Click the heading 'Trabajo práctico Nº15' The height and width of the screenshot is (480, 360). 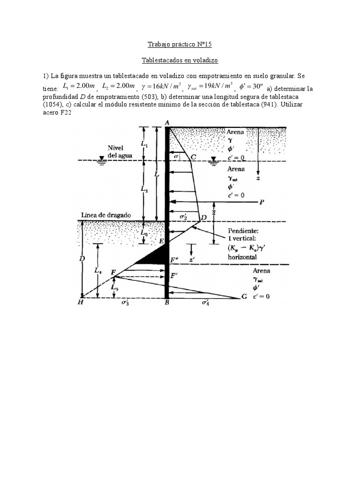180,45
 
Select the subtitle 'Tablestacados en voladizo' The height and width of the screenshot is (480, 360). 180,60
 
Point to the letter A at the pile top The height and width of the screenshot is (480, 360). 167,123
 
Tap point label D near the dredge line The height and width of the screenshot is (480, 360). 203,217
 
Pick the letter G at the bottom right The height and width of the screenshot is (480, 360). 243,297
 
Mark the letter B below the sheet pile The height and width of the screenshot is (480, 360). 167,303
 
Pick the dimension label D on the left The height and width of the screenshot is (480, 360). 82,258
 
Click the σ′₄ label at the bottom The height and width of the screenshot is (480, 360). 205,303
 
